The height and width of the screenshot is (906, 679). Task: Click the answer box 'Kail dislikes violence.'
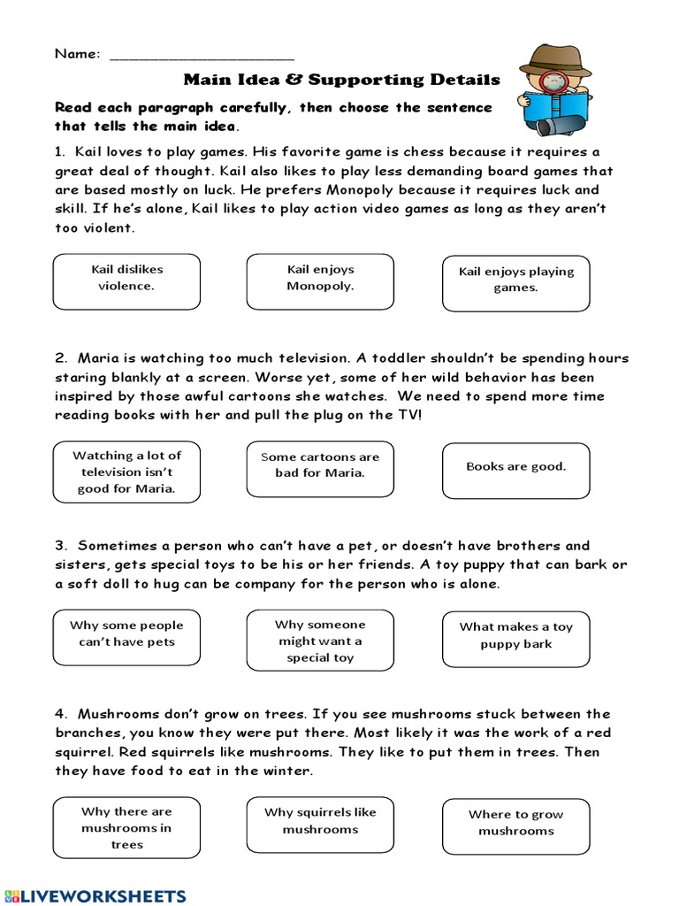tap(126, 281)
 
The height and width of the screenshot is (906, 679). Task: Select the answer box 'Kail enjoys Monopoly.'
tap(320, 281)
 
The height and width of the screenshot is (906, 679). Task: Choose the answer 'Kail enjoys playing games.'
tap(515, 283)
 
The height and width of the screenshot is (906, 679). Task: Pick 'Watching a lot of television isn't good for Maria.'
tap(126, 472)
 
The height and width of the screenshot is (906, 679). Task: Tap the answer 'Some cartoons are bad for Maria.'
tap(320, 468)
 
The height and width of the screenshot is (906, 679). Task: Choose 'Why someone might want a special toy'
tap(320, 641)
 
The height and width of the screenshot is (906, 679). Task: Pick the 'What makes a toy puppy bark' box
tap(515, 638)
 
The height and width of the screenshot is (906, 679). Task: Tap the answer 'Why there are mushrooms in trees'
tap(126, 828)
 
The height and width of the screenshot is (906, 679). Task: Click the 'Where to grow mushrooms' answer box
tap(515, 825)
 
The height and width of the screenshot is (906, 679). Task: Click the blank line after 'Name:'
tap(202, 56)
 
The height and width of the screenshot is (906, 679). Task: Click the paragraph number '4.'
tap(61, 714)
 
